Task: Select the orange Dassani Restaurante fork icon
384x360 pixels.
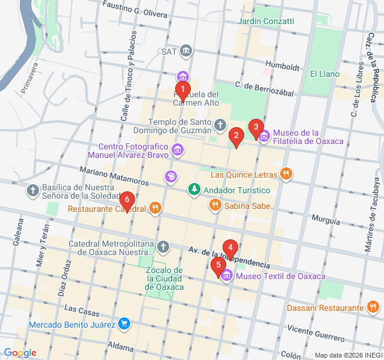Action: point(372,308)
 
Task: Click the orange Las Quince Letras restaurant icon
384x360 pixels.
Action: point(286,175)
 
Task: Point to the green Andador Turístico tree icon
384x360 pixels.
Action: point(194,190)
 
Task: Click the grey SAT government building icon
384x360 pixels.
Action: point(186,51)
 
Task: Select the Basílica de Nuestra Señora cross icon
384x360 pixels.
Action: point(33,191)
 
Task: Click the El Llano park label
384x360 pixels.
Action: point(325,74)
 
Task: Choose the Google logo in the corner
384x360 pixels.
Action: point(20,353)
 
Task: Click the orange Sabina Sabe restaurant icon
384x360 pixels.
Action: point(215,206)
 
